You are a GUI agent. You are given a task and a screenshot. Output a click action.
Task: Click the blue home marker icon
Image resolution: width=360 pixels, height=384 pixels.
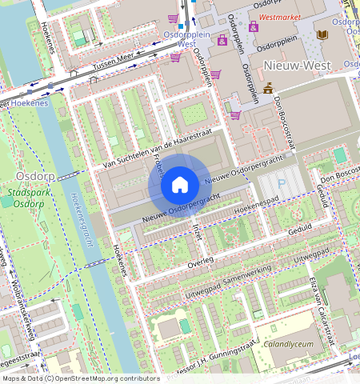180,185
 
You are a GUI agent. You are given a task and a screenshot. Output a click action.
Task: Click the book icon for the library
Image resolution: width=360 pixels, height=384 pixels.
322,35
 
